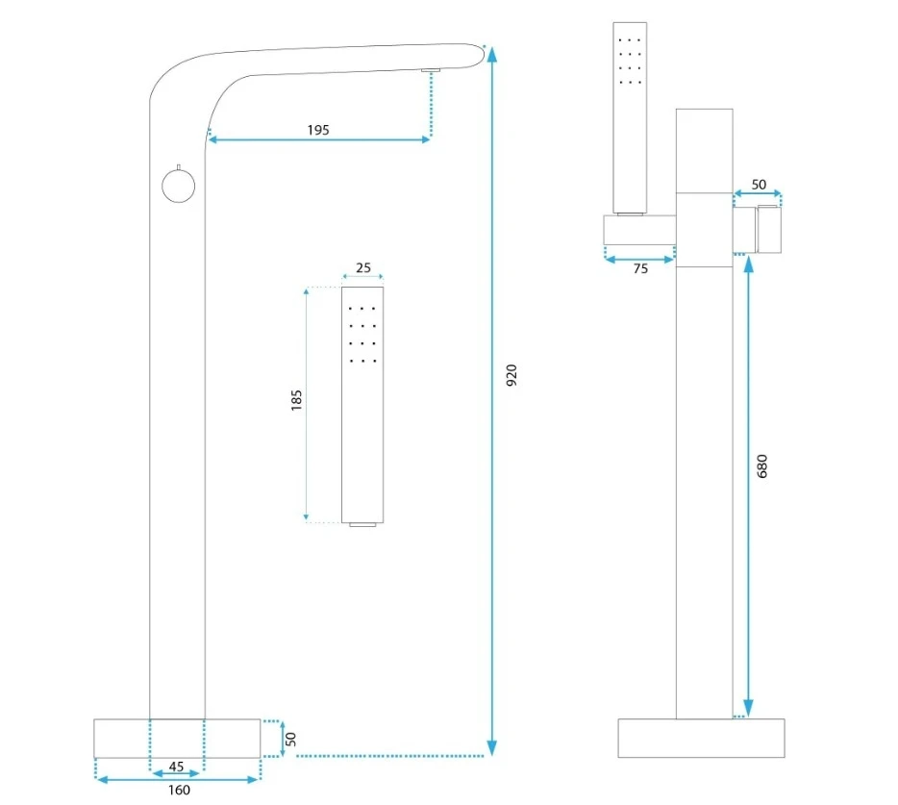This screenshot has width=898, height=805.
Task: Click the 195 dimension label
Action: [x=318, y=130]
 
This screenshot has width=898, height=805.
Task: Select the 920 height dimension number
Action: [x=511, y=375]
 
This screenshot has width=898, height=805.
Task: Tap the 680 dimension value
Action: [x=762, y=465]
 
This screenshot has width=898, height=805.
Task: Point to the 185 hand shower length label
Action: [x=296, y=400]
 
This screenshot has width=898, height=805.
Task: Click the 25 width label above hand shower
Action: [x=362, y=269]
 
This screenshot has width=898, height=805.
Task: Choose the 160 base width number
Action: [x=179, y=791]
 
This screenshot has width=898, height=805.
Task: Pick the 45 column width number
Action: [x=176, y=767]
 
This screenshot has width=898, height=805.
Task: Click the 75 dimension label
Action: [x=640, y=269]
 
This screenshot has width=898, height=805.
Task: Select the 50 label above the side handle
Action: [x=759, y=184]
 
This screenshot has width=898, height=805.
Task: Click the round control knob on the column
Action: [x=178, y=185]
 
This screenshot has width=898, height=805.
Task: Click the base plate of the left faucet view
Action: [x=178, y=738]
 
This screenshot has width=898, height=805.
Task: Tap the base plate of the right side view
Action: [x=701, y=738]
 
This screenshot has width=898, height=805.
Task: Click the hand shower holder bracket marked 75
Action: [x=640, y=231]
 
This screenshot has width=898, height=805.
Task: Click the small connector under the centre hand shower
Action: [x=362, y=525]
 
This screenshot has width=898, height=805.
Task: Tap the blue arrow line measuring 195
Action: [x=318, y=140]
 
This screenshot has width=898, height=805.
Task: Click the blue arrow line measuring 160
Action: [x=179, y=780]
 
